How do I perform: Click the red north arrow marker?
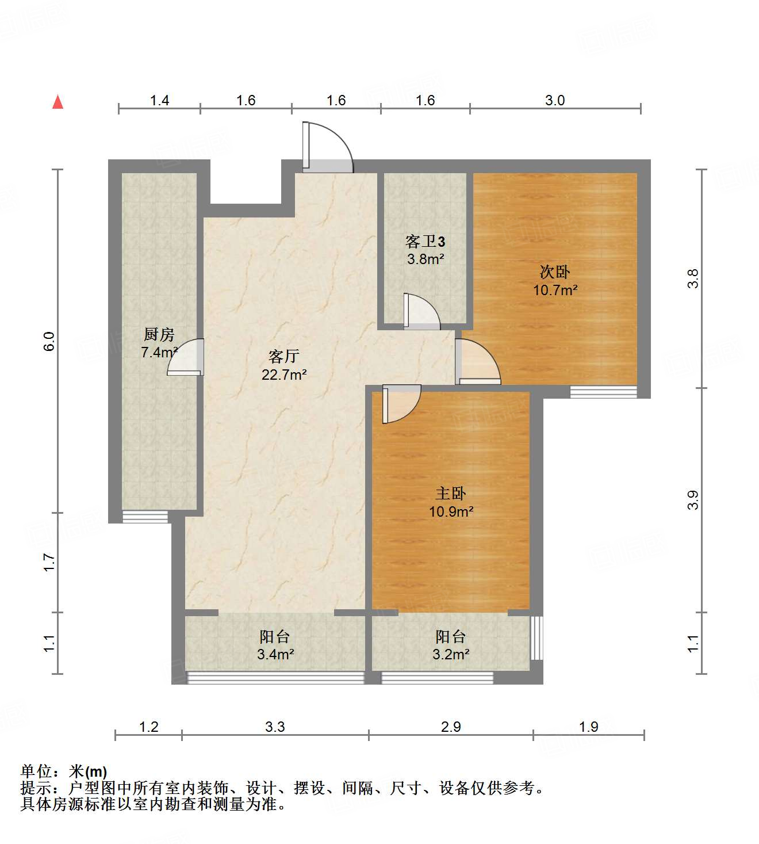click(57, 102)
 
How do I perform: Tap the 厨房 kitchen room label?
click(159, 334)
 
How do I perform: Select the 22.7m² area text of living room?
click(284, 375)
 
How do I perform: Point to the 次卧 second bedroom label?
click(555, 272)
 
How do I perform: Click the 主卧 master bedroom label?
click(451, 493)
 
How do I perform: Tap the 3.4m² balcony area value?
click(275, 655)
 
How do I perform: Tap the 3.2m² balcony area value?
click(451, 655)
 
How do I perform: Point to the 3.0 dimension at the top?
click(555, 101)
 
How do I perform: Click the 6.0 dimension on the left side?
click(49, 342)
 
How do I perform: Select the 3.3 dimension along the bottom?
click(275, 727)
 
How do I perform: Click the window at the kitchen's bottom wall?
click(145, 517)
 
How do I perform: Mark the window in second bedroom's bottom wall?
click(603, 392)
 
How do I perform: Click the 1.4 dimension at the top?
click(159, 101)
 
